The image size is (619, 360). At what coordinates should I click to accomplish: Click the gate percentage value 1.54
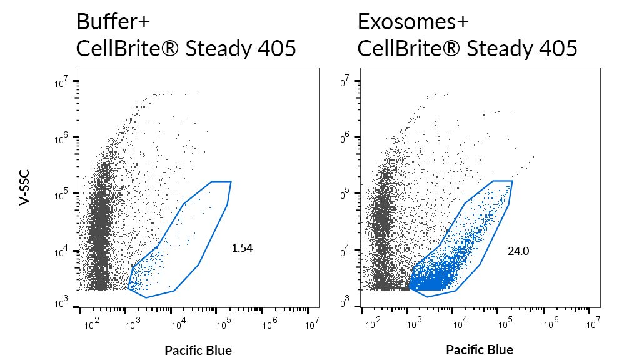[241, 248]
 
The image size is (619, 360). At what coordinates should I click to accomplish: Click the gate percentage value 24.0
[518, 251]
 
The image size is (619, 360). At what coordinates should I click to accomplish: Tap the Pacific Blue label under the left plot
[198, 351]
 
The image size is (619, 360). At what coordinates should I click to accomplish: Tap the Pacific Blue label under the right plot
[480, 350]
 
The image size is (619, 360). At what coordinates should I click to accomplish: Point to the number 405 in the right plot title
[555, 48]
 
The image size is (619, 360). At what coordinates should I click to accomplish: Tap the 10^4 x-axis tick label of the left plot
[179, 324]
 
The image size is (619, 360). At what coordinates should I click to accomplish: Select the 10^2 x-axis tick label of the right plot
[371, 324]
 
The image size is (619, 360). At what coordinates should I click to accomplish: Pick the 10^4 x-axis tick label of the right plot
[460, 324]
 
